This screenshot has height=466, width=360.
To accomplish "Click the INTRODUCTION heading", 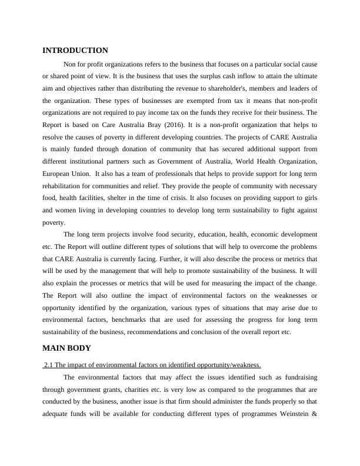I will (x=75, y=51).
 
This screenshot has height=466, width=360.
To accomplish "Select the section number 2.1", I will (x=49, y=364).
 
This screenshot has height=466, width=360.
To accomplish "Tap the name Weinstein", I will (x=292, y=412).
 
